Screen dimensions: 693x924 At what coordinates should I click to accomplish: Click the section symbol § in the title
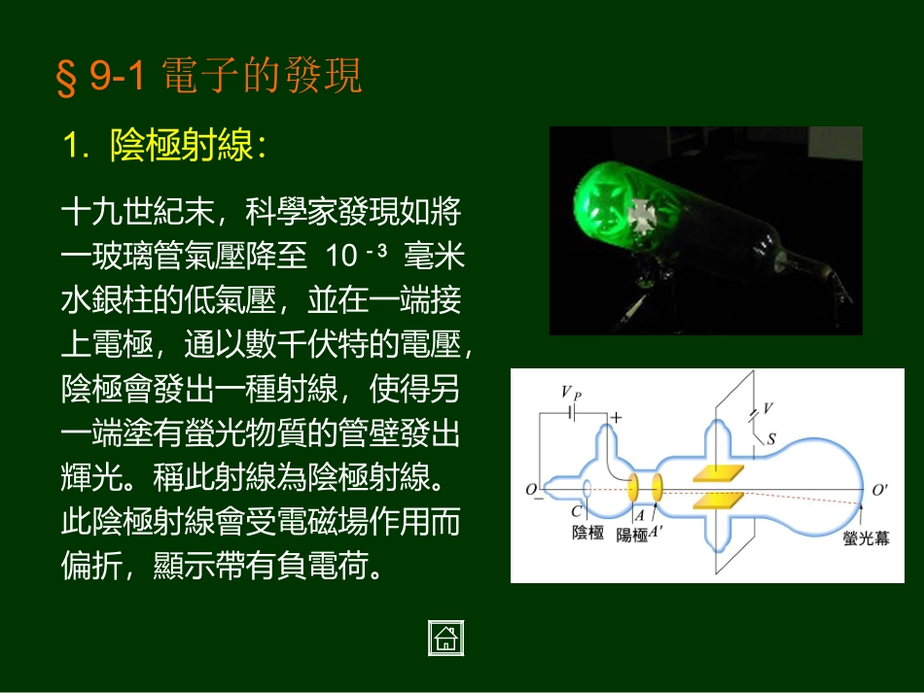click(x=66, y=78)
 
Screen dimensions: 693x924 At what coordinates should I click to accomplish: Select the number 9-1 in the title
click(x=118, y=77)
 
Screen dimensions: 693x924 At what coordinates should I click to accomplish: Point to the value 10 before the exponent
click(x=342, y=257)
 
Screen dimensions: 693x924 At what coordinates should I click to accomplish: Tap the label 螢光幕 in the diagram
click(x=866, y=537)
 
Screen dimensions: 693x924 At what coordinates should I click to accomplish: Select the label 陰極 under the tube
click(x=589, y=533)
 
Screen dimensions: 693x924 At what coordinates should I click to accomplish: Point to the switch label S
click(x=771, y=438)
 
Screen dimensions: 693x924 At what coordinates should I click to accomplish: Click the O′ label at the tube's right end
click(x=879, y=491)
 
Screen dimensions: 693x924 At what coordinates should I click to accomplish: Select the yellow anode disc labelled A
click(x=632, y=487)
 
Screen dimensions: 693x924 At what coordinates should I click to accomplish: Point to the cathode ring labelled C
click(x=587, y=490)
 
